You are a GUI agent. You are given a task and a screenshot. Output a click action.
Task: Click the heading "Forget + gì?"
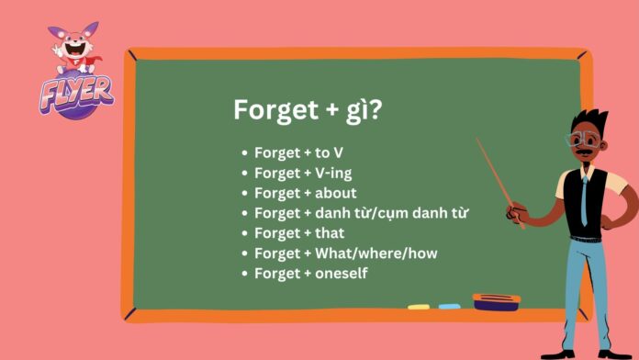click(x=308, y=110)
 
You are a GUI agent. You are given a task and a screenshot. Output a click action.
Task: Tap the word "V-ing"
click(x=333, y=173)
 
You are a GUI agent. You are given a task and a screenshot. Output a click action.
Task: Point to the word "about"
click(x=336, y=193)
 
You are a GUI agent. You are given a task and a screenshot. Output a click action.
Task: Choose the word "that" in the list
click(x=330, y=233)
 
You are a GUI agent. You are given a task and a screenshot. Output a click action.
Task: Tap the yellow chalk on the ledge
click(x=419, y=306)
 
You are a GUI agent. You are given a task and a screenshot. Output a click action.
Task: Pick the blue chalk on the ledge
click(x=449, y=306)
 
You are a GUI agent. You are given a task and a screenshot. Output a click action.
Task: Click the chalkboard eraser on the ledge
click(x=496, y=299)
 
